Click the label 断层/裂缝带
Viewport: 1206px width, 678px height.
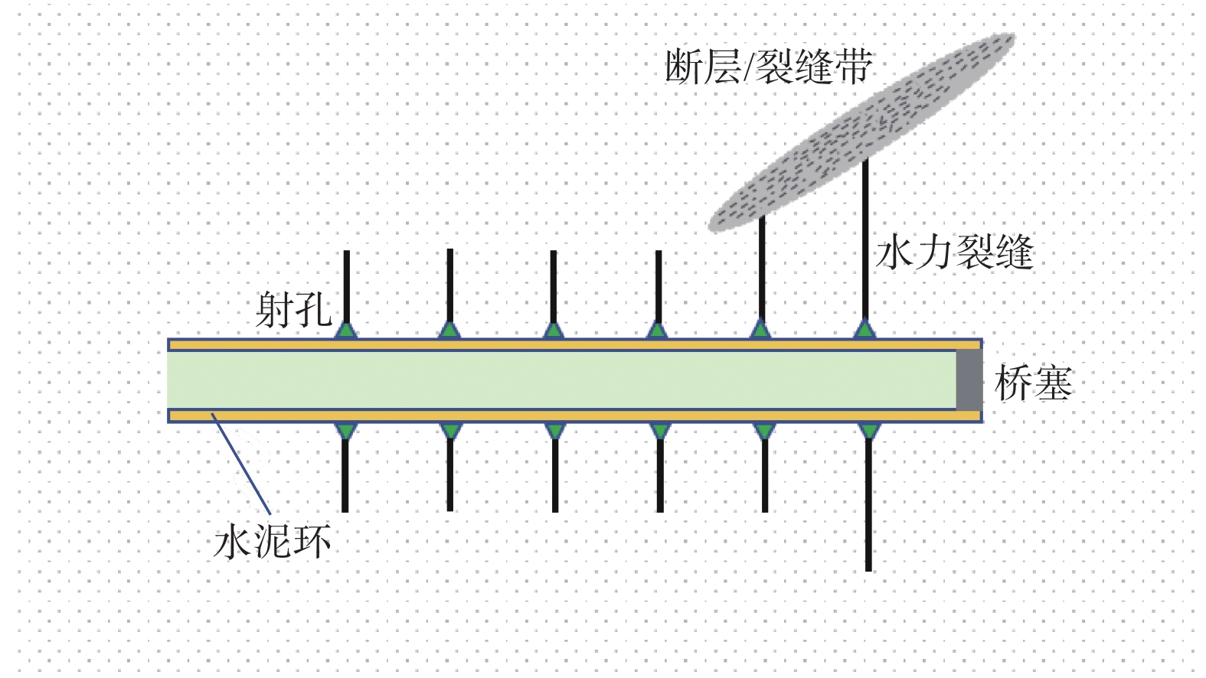[x=768, y=67]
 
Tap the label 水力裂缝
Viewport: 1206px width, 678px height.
[x=954, y=252]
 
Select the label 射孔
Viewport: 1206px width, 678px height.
[x=293, y=310]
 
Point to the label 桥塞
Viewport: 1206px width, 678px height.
[x=1033, y=383]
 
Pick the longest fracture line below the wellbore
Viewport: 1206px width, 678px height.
[x=868, y=505]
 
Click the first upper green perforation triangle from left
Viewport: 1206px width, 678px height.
[x=347, y=331]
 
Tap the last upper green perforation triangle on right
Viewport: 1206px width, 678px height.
[x=864, y=331]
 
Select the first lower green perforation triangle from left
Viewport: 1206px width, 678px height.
[x=346, y=431]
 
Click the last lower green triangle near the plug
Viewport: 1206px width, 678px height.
[x=868, y=431]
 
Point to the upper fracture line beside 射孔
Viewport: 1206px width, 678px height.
[x=347, y=287]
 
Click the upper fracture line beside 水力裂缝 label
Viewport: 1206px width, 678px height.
[x=865, y=237]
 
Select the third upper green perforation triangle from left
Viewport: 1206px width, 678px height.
[x=553, y=331]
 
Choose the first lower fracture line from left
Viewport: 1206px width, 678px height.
[x=345, y=474]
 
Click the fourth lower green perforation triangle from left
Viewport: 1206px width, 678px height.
[x=659, y=431]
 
